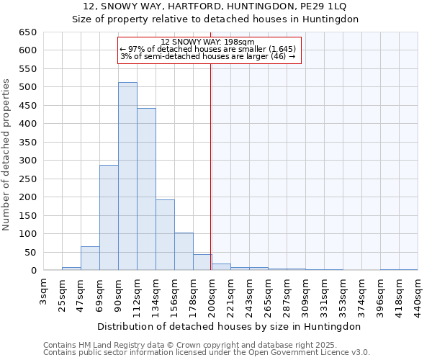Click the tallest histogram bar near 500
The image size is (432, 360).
127,176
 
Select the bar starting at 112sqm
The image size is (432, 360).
146,189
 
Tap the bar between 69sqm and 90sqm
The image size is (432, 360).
109,217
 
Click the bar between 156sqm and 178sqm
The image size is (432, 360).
184,251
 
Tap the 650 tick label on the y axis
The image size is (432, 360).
27,32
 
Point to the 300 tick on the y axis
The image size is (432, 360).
27,161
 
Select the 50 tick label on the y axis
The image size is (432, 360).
30,253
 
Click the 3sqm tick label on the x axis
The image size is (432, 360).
44,291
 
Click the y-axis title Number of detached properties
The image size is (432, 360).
7,155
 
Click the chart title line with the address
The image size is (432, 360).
216,6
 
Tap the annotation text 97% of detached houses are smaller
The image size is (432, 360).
208,49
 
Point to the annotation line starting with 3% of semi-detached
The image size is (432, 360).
208,56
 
